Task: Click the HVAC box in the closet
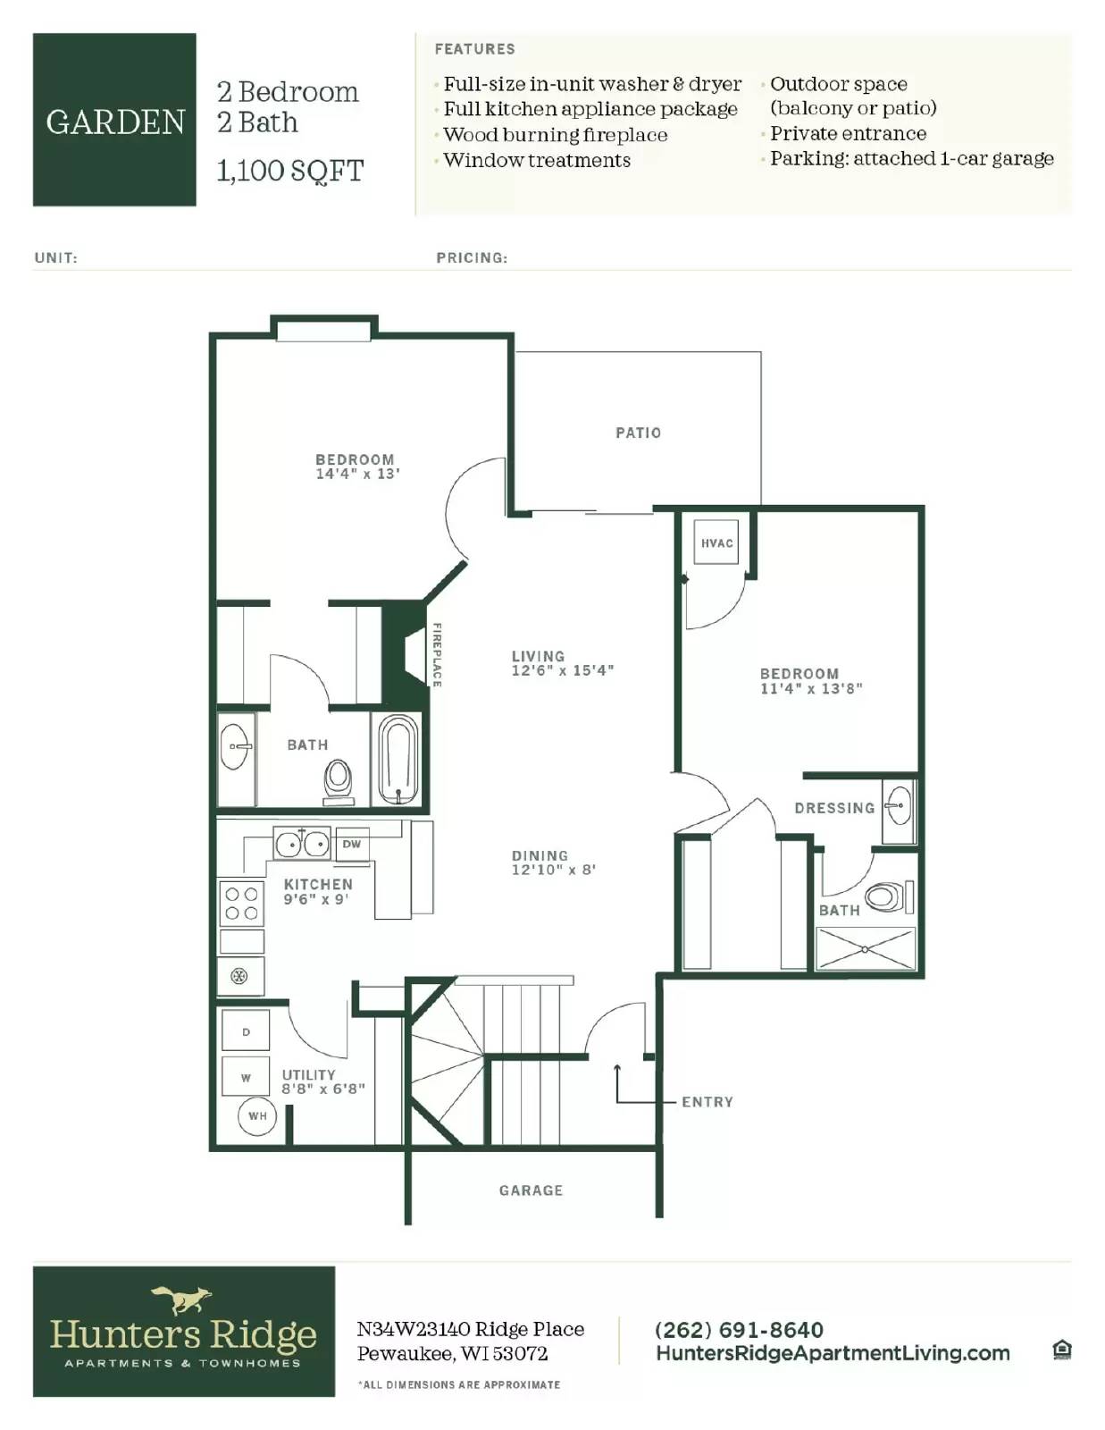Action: (716, 542)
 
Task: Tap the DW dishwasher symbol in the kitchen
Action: (352, 844)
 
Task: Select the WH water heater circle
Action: (256, 1115)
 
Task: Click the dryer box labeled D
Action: (246, 1032)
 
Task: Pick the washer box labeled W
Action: (246, 1078)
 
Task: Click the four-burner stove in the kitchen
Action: (241, 903)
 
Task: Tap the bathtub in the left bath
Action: (398, 760)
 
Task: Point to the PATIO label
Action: (638, 433)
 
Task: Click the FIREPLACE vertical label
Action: (437, 655)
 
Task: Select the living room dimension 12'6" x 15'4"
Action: (562, 670)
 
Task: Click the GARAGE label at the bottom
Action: (531, 1190)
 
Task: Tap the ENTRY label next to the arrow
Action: (707, 1102)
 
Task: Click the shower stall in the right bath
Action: (866, 948)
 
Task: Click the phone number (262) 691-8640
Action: (739, 1329)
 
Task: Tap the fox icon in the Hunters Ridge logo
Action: (182, 1299)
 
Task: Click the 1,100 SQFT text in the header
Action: (290, 171)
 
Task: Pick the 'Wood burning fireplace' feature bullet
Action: (555, 135)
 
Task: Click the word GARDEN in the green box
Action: (115, 122)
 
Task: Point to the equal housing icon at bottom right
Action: (1061, 1350)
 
